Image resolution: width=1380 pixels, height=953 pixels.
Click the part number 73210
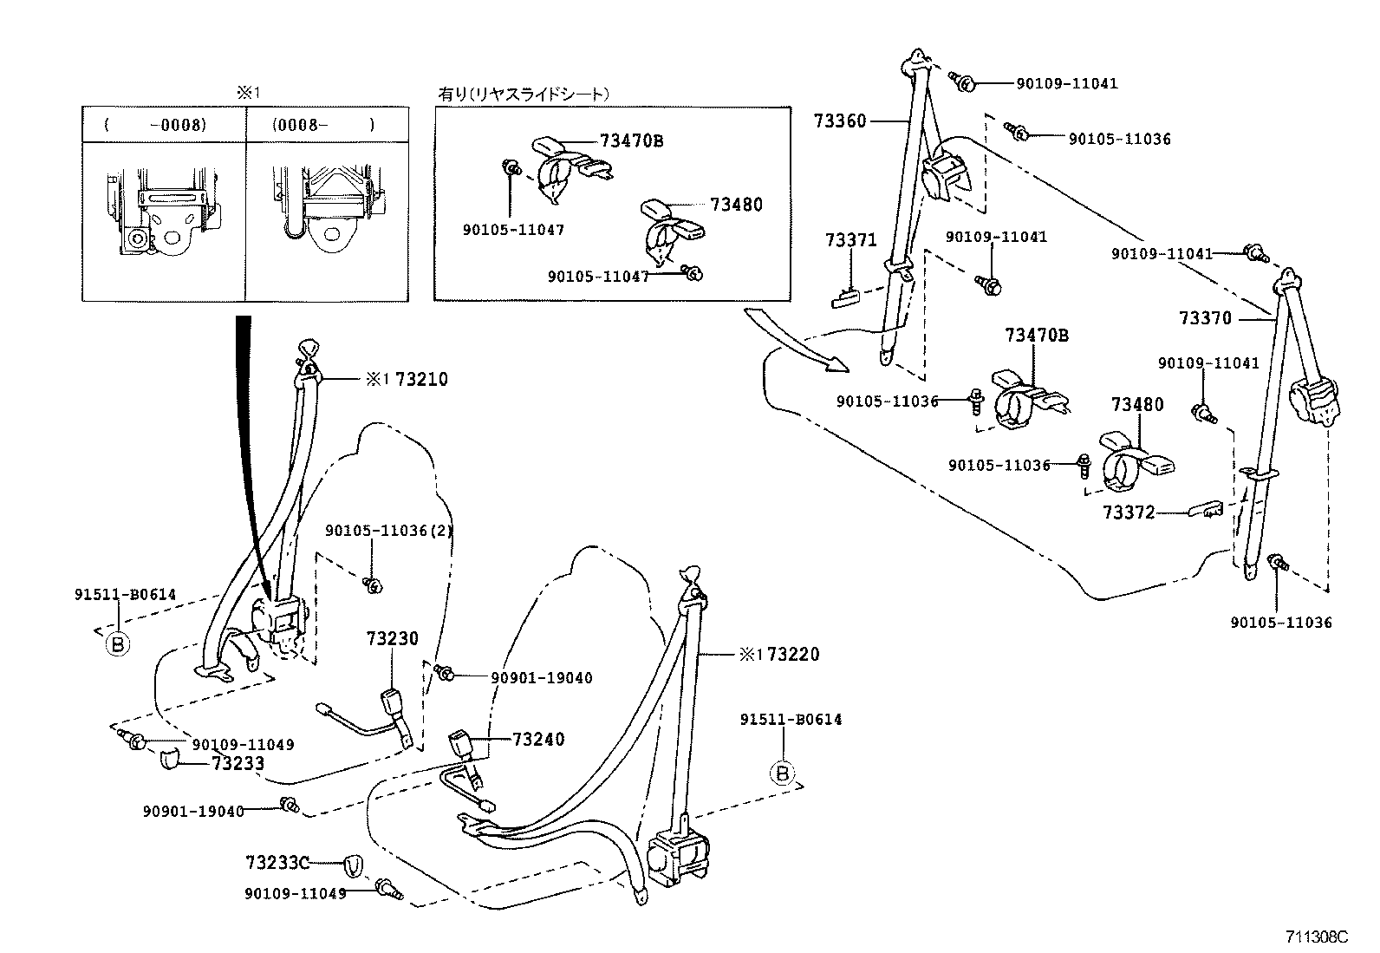421,379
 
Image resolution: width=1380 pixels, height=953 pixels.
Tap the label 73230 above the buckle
392,639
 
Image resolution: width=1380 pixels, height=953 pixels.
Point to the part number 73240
538,739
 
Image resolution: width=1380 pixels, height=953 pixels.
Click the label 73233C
277,862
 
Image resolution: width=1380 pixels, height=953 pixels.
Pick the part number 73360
839,121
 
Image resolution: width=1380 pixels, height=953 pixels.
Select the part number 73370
1205,318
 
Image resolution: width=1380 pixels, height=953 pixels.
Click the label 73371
850,240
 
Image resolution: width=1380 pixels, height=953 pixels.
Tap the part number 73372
1129,512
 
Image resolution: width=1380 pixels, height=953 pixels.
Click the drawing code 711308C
1317,937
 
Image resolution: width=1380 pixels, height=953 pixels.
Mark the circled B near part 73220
783,772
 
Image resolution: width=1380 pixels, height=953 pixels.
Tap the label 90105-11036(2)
389,531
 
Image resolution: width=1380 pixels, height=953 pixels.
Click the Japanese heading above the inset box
524,94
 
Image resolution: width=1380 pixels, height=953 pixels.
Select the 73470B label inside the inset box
631,140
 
